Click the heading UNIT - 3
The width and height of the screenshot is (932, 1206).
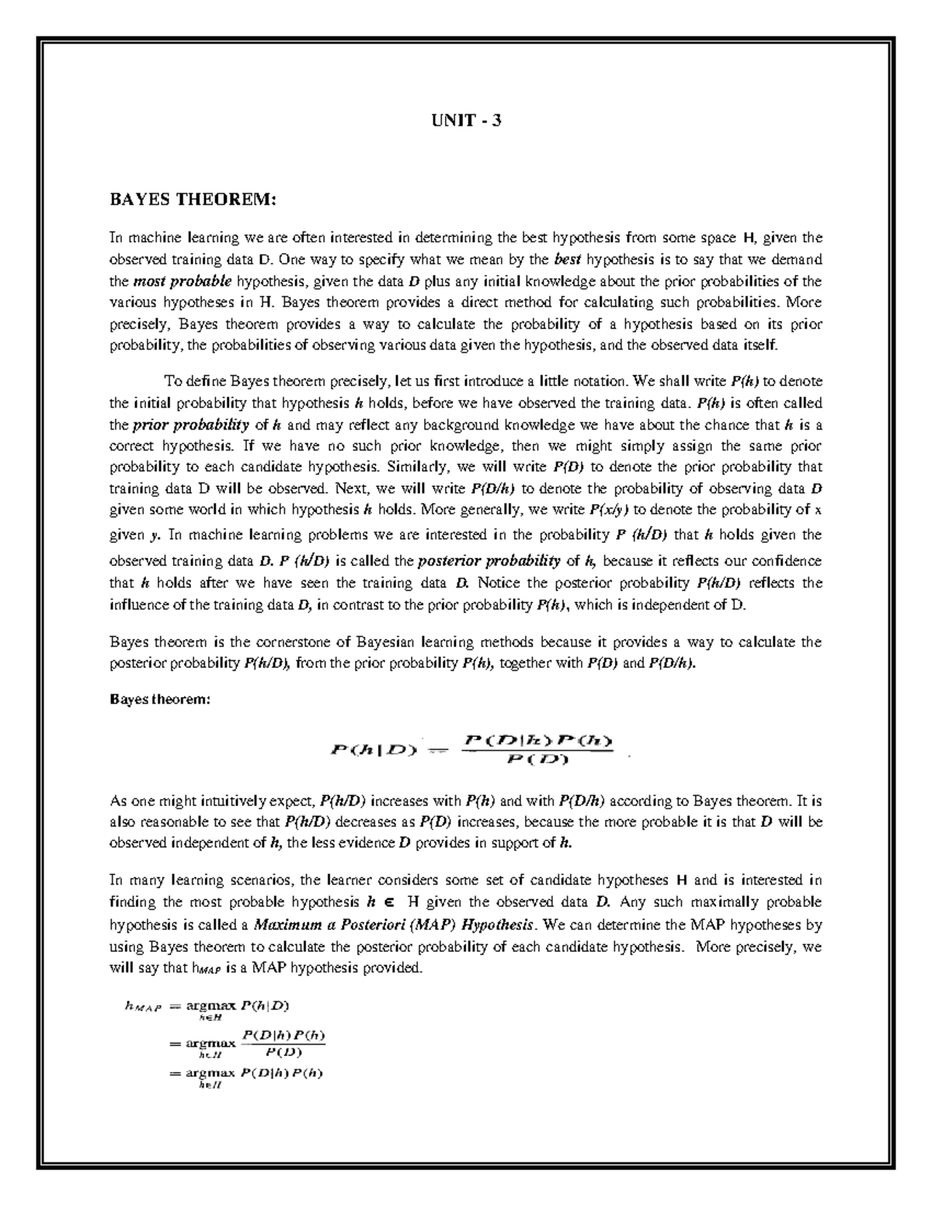[x=466, y=122]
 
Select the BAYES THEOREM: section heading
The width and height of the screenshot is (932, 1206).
[x=192, y=200]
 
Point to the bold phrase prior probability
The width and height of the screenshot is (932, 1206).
[x=190, y=425]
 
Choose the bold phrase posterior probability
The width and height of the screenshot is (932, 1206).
[x=489, y=561]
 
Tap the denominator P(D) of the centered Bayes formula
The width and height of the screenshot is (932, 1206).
[x=537, y=759]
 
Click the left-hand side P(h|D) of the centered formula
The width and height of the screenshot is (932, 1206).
[x=374, y=749]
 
